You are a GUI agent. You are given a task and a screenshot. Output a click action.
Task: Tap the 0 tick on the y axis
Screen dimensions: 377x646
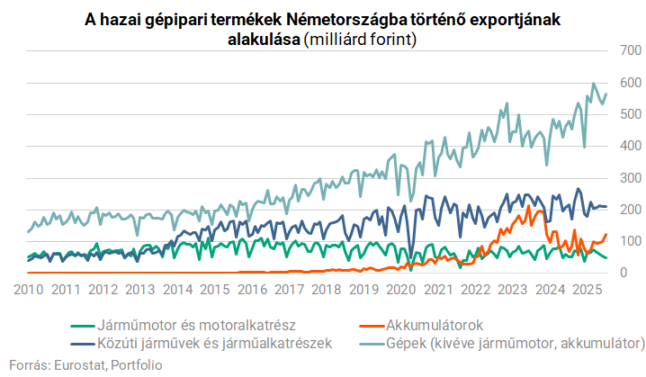click(633, 272)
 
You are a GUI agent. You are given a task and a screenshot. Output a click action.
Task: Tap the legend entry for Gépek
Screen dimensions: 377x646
click(514, 343)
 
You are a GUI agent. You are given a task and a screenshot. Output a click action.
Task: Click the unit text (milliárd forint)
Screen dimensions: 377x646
click(360, 40)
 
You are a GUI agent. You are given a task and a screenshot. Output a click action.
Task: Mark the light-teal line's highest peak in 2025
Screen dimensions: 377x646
click(593, 84)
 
